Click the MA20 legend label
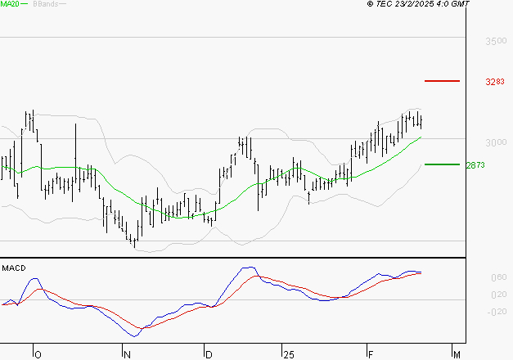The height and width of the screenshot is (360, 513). pos(11,4)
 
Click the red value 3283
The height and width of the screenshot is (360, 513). pos(496,82)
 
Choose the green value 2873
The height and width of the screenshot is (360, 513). pos(475,164)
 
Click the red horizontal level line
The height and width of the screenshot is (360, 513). pos(443,81)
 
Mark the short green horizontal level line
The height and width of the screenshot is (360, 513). pos(442,164)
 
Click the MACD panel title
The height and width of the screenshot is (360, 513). pos(13,268)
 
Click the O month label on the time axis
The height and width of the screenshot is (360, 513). pos(37,354)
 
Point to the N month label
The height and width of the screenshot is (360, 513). pos(127,354)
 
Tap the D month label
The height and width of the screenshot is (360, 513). pos(209,354)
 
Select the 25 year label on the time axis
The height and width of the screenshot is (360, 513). pos(288,354)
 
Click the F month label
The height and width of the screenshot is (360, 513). pos(370,354)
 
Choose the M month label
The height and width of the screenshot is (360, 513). pos(457,354)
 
